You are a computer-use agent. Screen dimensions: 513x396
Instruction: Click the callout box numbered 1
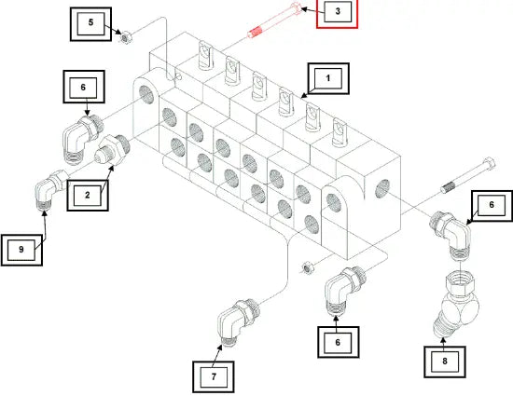(x=328, y=79)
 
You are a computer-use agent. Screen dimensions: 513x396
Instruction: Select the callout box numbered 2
(x=88, y=195)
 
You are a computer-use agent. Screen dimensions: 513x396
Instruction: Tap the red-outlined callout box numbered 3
(x=337, y=12)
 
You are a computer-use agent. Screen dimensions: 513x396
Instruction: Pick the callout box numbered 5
(x=90, y=24)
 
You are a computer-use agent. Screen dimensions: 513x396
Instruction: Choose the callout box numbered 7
(x=214, y=376)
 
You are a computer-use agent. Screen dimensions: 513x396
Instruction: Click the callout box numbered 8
(x=445, y=362)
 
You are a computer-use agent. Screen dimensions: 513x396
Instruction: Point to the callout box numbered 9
(x=21, y=250)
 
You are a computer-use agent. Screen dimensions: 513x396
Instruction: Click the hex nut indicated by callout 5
(x=125, y=37)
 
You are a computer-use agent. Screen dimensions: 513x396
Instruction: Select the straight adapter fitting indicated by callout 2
(x=112, y=149)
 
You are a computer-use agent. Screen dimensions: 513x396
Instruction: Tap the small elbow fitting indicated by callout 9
(x=49, y=190)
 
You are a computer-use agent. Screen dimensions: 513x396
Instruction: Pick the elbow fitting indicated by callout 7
(x=238, y=320)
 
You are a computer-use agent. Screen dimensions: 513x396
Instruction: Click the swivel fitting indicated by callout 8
(x=458, y=303)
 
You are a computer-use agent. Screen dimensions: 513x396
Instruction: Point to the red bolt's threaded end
(x=256, y=33)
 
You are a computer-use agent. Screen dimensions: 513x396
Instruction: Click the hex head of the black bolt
(x=490, y=163)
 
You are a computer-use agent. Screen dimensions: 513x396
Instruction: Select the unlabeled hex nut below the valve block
(x=307, y=267)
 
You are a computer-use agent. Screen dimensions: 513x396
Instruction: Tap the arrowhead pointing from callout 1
(x=304, y=95)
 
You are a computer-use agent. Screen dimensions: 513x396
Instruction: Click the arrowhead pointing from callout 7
(x=220, y=348)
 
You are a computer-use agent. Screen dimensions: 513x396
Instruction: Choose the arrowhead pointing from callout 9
(x=45, y=213)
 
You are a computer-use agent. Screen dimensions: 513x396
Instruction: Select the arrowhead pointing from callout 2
(x=112, y=169)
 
